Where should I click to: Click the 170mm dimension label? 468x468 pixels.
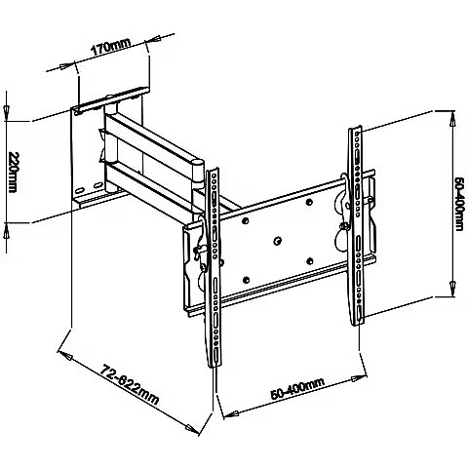point(111,47)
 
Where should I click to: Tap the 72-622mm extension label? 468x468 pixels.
point(129,385)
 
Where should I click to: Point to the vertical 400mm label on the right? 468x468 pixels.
point(458,204)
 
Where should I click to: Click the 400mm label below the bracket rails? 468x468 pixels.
point(297,389)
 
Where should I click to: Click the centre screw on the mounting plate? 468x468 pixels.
point(277,241)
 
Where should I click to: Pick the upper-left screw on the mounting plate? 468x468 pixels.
point(246,221)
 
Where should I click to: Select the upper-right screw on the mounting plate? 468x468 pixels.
point(309,202)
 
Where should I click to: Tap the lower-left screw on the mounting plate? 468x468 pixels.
point(246,280)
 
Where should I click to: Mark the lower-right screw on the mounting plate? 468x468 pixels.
point(310,261)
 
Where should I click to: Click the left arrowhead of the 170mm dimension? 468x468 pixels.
point(64,66)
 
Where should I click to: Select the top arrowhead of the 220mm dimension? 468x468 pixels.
point(7,110)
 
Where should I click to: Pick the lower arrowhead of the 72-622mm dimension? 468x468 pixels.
point(191,427)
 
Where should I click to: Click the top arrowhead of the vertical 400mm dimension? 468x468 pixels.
point(452,122)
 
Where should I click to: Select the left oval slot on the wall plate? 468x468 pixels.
point(79,189)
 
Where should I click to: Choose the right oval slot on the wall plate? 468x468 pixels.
point(97,185)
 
